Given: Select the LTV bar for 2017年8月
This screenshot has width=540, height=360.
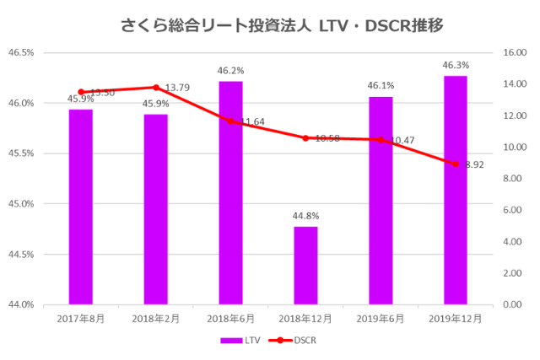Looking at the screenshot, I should (x=81, y=207).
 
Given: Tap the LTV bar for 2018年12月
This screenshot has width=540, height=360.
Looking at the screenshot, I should (x=305, y=265).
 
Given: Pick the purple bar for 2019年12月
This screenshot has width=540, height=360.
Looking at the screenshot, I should (x=456, y=190).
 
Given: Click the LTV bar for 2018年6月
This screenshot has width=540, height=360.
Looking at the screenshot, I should (x=230, y=192).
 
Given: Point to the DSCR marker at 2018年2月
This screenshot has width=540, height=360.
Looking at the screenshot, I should (x=156, y=88).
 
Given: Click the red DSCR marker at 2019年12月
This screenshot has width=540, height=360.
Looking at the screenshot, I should (x=456, y=164).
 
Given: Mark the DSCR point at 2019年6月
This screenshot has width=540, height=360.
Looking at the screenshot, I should (x=381, y=140).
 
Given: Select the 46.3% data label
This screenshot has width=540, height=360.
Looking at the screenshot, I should (x=456, y=65).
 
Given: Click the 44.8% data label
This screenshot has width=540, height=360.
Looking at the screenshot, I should (x=305, y=216).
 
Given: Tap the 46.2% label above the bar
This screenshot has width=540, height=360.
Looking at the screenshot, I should (x=230, y=71).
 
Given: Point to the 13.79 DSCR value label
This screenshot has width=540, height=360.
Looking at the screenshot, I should (x=177, y=88).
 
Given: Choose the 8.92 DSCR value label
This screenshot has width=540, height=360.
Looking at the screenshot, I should (x=474, y=165).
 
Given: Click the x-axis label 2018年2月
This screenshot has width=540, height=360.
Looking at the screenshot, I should (x=156, y=319).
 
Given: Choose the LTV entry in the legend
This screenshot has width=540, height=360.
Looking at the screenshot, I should (x=240, y=341).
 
